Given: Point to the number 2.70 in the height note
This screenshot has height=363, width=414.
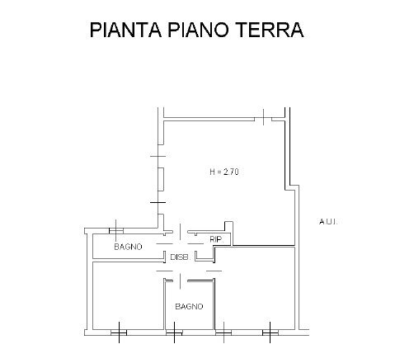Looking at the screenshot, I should tap(239, 172).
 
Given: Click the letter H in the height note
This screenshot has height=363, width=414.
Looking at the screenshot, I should tap(213, 172).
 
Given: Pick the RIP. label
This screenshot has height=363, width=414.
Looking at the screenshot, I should tap(216, 239).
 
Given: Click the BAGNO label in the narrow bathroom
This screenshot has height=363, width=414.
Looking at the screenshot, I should tap(129, 247).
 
